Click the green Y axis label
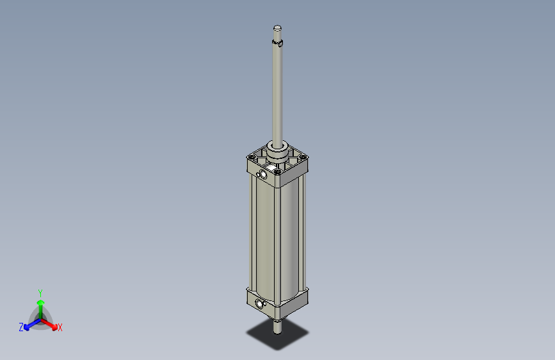pyautogui.click(x=40, y=292)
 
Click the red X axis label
pyautogui.click(x=60, y=327)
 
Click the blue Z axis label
pyautogui.click(x=21, y=327)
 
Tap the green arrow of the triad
pyautogui.click(x=40, y=304)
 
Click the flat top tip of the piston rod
pyautogui.click(x=277, y=28)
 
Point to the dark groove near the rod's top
pyautogui.click(x=278, y=44)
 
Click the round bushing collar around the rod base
pyautogui.click(x=278, y=152)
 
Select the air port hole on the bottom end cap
pyautogui.click(x=259, y=304)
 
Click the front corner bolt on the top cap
pyautogui.click(x=277, y=171)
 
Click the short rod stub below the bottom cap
pyautogui.click(x=277, y=327)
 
